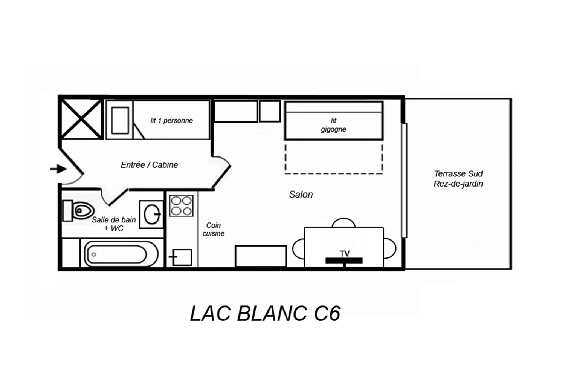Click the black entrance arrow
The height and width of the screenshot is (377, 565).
pos(58,169)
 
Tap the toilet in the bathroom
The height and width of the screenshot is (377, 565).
pos(78,211)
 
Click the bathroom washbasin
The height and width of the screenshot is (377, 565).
pos(151,215)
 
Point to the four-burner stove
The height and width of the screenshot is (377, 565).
pos(181,205)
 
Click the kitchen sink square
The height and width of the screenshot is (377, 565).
pos(182,257)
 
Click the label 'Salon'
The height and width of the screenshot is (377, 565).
pos(301,195)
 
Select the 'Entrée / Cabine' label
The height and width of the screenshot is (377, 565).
pos(149,165)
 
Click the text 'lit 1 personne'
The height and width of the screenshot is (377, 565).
pos(171,120)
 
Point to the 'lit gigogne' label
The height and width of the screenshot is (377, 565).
pos(333,125)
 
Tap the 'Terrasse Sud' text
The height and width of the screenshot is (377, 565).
pos(458,174)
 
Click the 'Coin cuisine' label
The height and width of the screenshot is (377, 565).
pos(214,229)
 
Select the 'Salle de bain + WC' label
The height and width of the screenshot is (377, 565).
pos(114,224)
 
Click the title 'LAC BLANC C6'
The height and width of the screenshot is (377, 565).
pos(265,313)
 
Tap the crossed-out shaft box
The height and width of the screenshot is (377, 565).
pos(81,119)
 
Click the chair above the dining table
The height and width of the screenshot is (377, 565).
pos(344,222)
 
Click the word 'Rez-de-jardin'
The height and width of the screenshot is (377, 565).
pos(458,184)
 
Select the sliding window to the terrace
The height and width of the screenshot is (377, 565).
pos(404,180)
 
